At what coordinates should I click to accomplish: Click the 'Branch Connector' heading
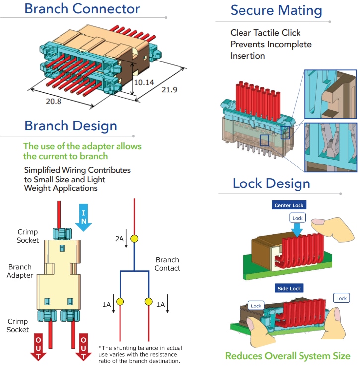82,9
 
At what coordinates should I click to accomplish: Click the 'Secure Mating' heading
276,10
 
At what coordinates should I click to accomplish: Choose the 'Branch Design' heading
70,125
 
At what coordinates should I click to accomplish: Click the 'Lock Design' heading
271,183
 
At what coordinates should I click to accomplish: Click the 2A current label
119,239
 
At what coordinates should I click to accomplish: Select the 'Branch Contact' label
167,264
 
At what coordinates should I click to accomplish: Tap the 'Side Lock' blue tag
289,288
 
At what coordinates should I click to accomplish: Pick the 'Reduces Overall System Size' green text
288,356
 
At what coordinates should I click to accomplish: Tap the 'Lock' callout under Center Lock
298,218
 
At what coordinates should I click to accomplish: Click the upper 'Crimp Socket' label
28,236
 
